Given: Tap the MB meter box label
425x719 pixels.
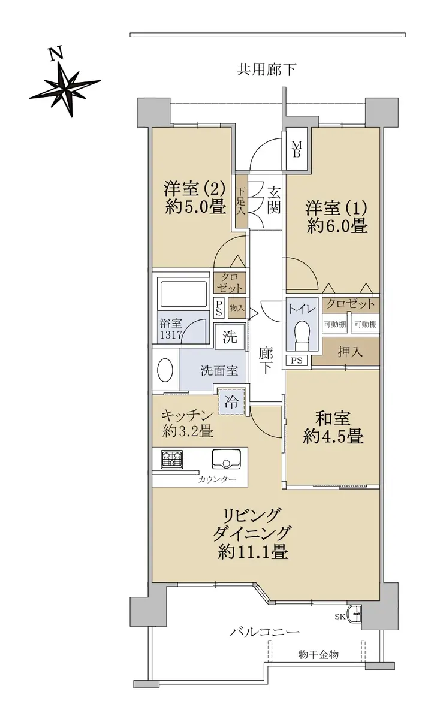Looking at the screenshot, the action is (296, 149).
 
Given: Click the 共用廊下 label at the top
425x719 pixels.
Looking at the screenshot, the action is (266, 70).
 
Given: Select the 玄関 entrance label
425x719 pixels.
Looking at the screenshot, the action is (274, 200).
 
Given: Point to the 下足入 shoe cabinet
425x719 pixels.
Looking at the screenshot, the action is (241, 201).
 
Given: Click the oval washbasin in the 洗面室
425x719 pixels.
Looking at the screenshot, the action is (165, 370).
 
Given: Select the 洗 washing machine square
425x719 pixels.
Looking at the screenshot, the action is (230, 337).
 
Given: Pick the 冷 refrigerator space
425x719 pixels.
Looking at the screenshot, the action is (232, 401).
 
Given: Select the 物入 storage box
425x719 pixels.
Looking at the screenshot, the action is (237, 308).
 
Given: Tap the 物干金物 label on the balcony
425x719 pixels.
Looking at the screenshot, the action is (318, 654).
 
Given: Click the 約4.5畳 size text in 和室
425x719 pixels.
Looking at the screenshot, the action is (333, 437).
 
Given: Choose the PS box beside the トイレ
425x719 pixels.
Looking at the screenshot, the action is (297, 361).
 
